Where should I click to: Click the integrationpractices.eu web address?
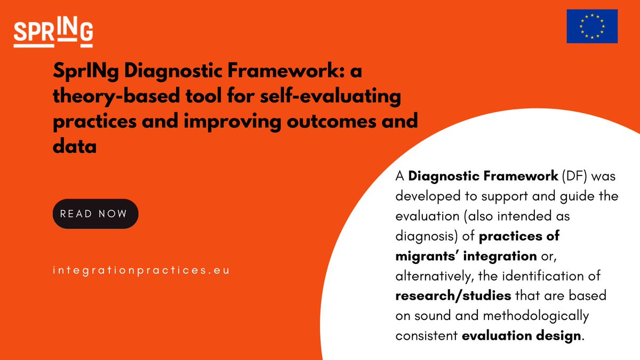[x=141, y=270]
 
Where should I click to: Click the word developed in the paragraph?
[x=425, y=196]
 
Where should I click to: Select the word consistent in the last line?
[x=426, y=336]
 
